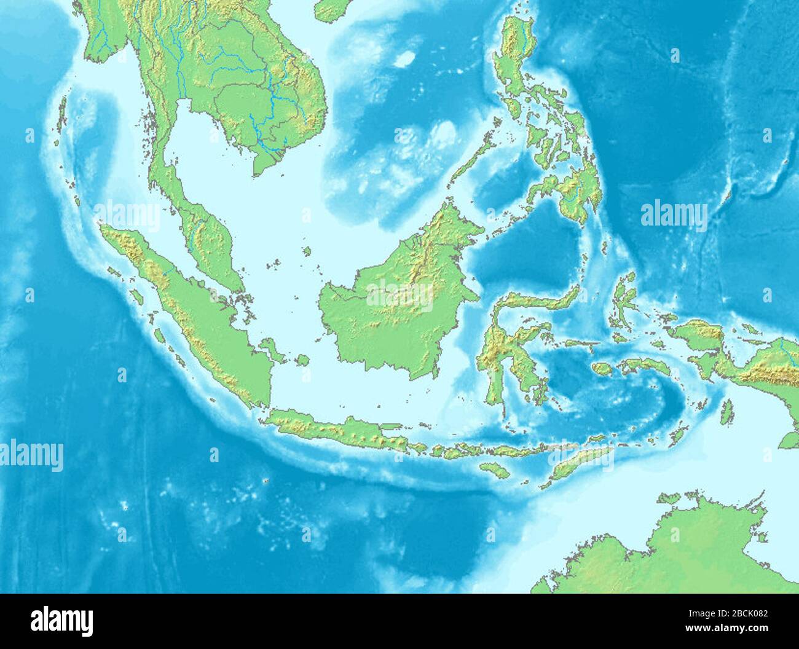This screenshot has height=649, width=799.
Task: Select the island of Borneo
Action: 393,307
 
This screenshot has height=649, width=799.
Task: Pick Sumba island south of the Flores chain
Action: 494,470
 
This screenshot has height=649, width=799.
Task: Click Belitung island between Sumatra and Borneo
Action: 302,360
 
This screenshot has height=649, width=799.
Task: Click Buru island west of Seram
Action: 602,369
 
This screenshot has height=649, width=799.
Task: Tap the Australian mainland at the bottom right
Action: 676,553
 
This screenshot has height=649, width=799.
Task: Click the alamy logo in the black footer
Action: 61,621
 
